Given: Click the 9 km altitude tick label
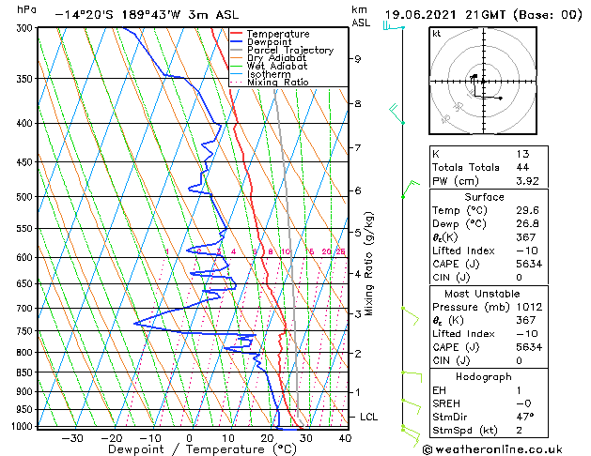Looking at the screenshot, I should [x=358, y=58].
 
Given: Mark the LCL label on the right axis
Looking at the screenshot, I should [x=370, y=417].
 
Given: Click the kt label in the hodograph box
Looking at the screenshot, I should [x=437, y=34].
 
